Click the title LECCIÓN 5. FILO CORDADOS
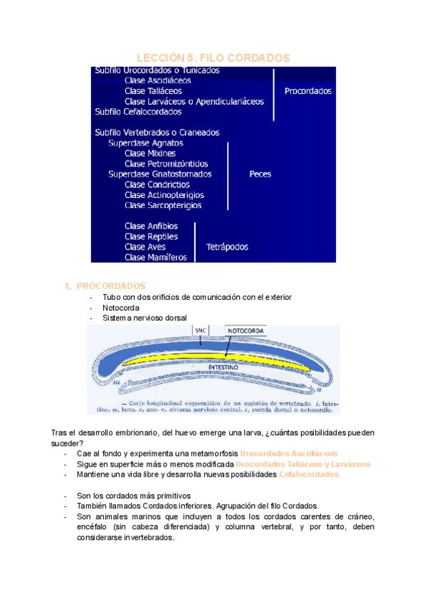point(213,58)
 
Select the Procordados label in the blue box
point(307,91)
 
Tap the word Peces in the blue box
point(260,174)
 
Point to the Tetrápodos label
point(227,247)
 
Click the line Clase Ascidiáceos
point(157,80)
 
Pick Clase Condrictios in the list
point(154,184)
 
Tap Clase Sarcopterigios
point(163,205)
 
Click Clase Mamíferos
point(155,257)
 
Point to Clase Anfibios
point(151,226)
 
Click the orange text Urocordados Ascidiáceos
point(289,453)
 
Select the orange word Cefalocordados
point(309,474)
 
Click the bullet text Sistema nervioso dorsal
point(145,318)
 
